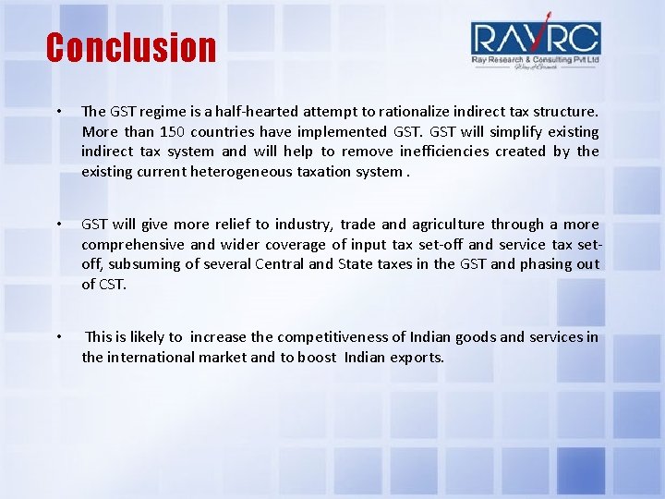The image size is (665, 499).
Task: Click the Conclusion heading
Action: point(130,47)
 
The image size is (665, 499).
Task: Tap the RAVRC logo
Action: point(535,43)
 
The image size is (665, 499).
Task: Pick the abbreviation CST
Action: point(112,284)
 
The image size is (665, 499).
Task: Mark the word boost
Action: point(317,357)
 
